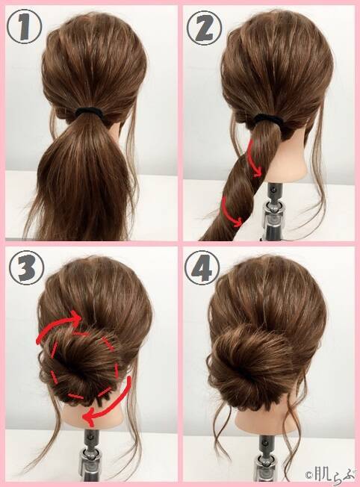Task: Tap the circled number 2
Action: (x=204, y=28)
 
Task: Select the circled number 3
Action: (x=26, y=267)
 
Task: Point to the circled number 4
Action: (x=202, y=267)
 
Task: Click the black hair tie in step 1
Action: (x=90, y=112)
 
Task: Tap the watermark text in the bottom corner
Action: (x=330, y=475)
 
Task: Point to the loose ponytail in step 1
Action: (x=84, y=177)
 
